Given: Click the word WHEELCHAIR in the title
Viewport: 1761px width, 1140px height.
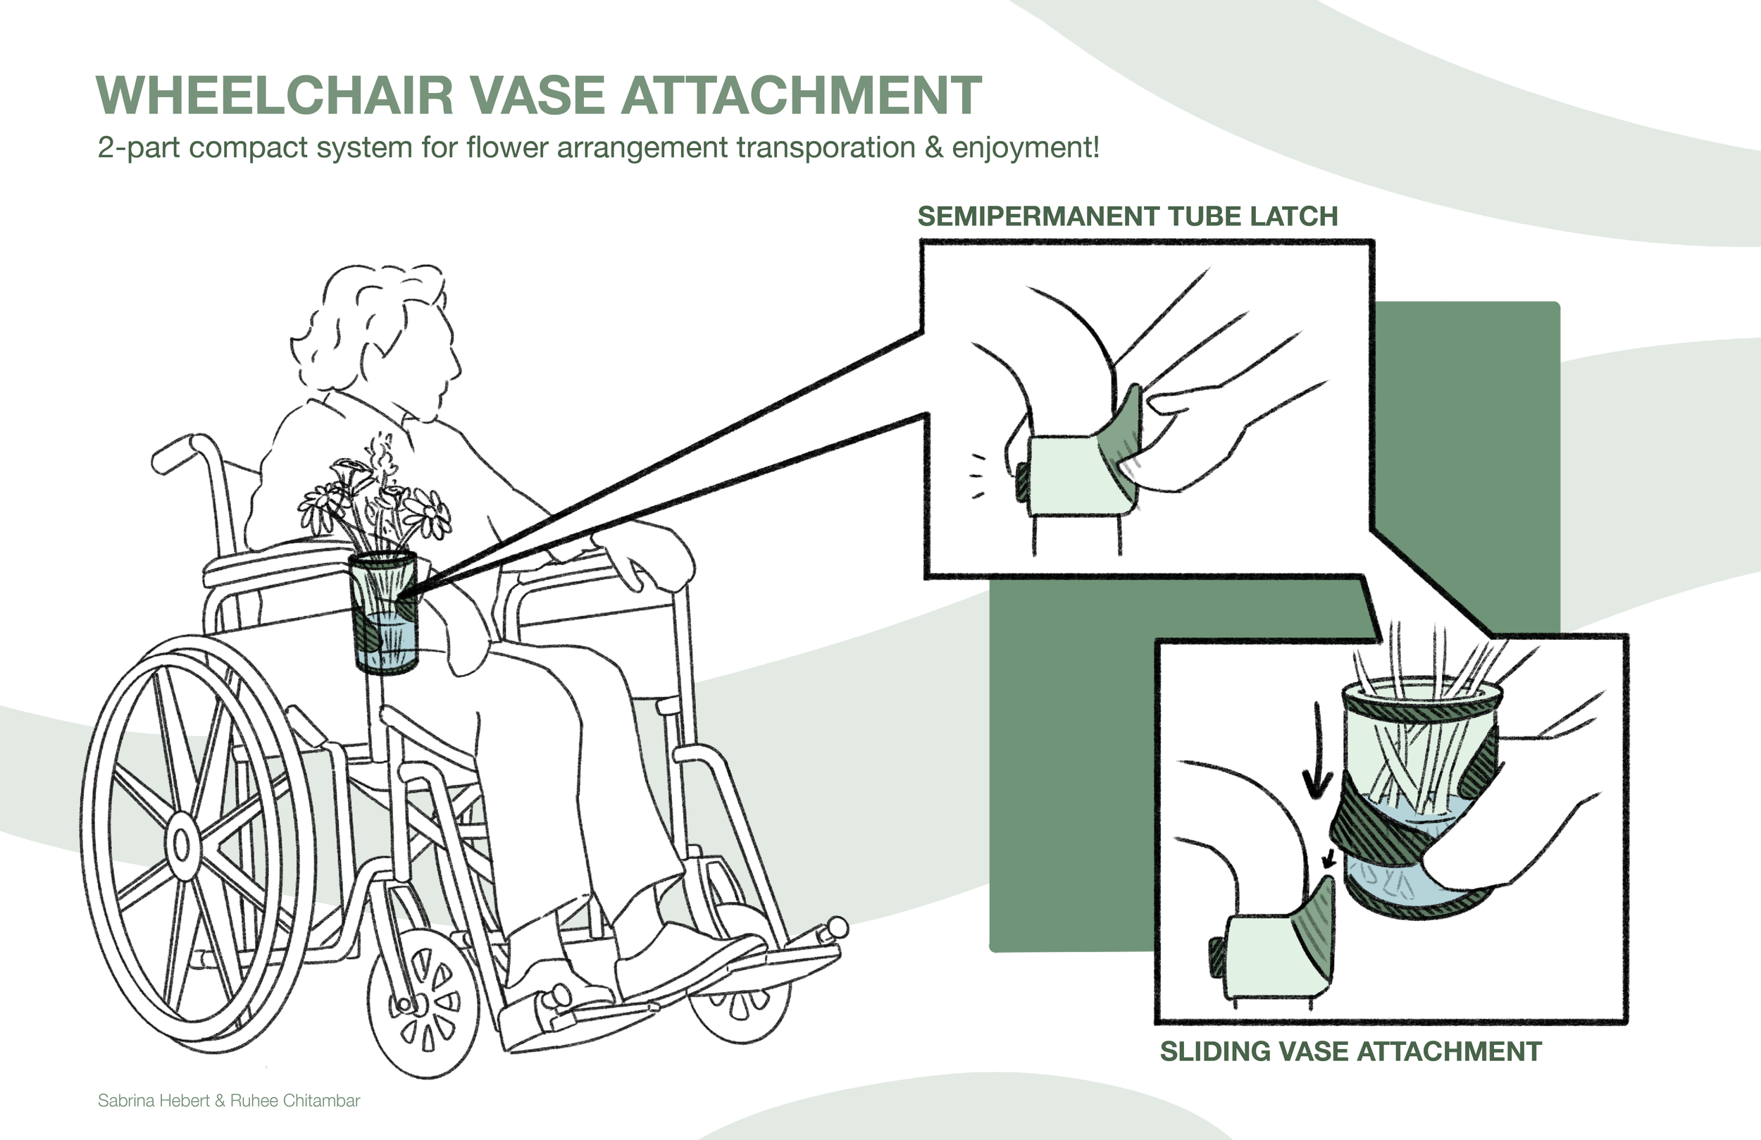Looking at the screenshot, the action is [274, 96].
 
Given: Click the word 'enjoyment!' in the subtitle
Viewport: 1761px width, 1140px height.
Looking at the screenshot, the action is [1026, 148].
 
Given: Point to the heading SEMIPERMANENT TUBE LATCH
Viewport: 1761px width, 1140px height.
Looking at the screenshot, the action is [1128, 216].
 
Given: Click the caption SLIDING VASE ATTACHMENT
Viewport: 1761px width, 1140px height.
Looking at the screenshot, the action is [1351, 1051].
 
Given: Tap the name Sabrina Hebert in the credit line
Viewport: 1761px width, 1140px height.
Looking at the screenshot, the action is [153, 1101].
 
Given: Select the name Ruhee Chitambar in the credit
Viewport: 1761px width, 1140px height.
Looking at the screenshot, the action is [295, 1101].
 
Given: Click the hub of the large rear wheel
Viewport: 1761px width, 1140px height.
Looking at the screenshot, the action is [180, 843].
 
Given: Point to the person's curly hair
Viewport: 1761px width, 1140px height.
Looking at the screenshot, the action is [370, 326].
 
